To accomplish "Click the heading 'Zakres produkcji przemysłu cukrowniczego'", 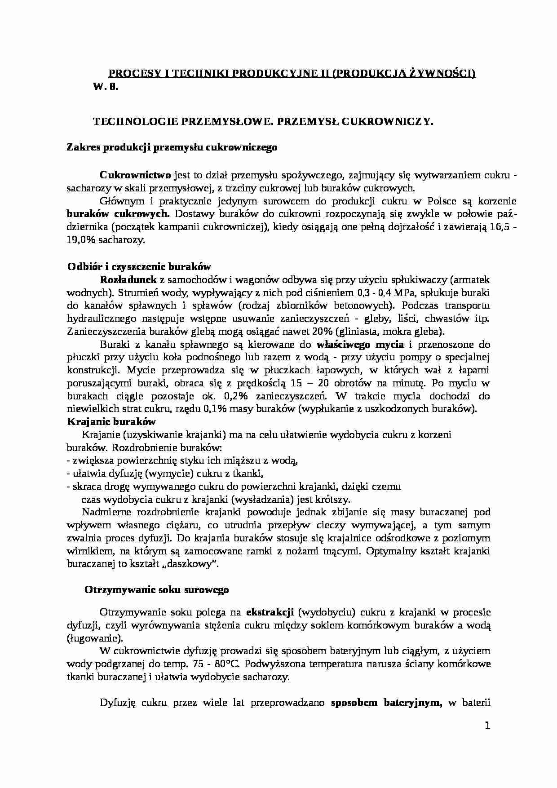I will click(172, 147).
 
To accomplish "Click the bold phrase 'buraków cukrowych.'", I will click(118, 213).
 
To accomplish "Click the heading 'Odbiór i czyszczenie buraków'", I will click(139, 266).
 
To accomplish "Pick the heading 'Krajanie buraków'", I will click(111, 421).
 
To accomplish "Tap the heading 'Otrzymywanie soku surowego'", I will click(156, 590).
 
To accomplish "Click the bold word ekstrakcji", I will click(270, 612).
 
